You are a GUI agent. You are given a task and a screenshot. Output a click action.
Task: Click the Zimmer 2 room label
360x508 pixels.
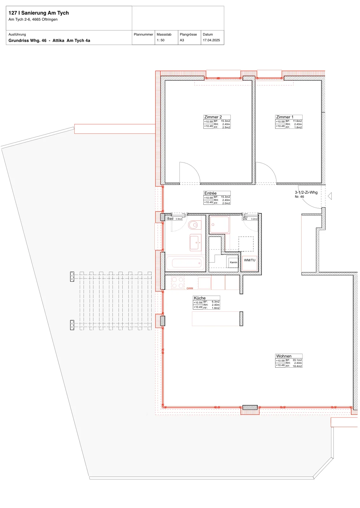click(213, 117)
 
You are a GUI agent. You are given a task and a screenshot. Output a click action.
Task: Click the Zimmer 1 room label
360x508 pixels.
click(285, 117)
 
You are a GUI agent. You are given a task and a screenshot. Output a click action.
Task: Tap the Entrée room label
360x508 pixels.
click(210, 193)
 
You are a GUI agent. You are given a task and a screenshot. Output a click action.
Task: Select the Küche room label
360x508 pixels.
click(200, 298)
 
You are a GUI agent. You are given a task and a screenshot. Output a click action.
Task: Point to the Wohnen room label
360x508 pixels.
click(284, 356)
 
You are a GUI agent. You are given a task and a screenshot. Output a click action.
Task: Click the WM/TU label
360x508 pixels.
click(249, 260)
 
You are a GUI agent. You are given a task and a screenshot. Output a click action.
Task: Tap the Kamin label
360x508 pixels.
click(233, 262)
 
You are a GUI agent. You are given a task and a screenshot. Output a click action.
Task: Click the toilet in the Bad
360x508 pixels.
click(194, 225)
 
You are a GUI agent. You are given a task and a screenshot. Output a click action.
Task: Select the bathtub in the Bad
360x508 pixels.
click(186, 263)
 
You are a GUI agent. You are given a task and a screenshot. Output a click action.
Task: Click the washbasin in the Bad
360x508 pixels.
click(195, 243)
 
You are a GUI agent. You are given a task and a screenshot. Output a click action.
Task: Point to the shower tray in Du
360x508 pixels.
click(220, 224)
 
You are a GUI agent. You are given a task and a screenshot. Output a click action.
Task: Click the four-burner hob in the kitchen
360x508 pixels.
click(178, 283)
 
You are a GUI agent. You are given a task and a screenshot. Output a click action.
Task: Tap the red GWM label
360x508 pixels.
click(190, 288)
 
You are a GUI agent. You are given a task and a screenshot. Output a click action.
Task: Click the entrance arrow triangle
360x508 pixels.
click(330, 196)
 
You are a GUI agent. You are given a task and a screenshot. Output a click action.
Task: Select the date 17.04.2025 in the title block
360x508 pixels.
click(211, 40)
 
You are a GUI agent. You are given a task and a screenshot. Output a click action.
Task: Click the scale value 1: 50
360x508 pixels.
click(160, 40)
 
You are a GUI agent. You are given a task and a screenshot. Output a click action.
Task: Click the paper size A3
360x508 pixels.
click(182, 40)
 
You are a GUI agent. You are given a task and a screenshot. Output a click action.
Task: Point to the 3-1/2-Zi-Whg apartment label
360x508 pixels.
click(306, 192)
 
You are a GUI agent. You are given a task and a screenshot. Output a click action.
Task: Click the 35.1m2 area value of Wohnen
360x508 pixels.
click(297, 360)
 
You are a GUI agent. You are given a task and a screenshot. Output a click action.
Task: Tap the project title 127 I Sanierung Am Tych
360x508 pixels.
click(38, 13)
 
